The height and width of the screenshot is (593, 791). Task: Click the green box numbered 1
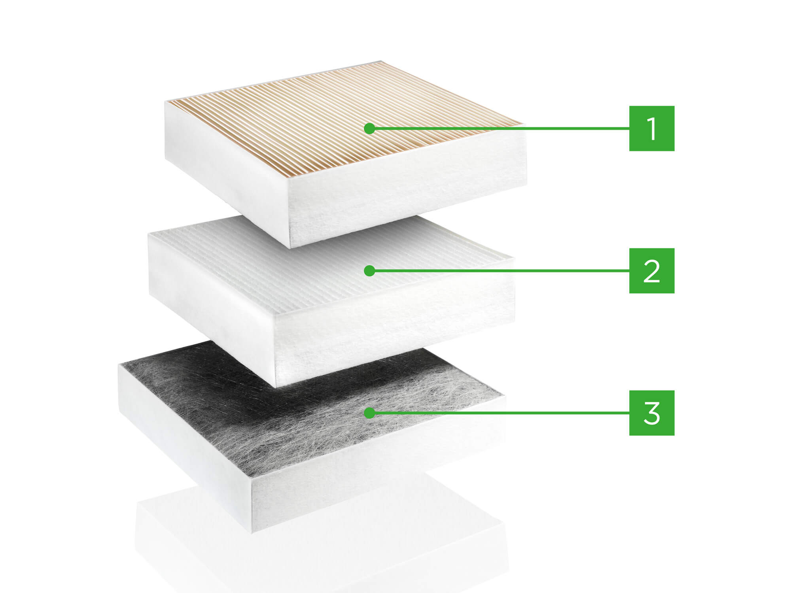652,128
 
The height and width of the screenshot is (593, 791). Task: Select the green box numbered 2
652,270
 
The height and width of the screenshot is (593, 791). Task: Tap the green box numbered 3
652,413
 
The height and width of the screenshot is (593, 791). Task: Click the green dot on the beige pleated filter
369,128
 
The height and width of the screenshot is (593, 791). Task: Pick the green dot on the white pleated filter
369,270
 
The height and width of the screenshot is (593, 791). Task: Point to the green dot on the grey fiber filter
369,413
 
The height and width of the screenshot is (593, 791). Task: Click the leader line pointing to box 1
501,128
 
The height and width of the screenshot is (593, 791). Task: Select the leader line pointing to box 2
501,270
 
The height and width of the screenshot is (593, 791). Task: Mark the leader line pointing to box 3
501,413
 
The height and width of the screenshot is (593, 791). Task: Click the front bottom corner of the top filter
291,248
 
